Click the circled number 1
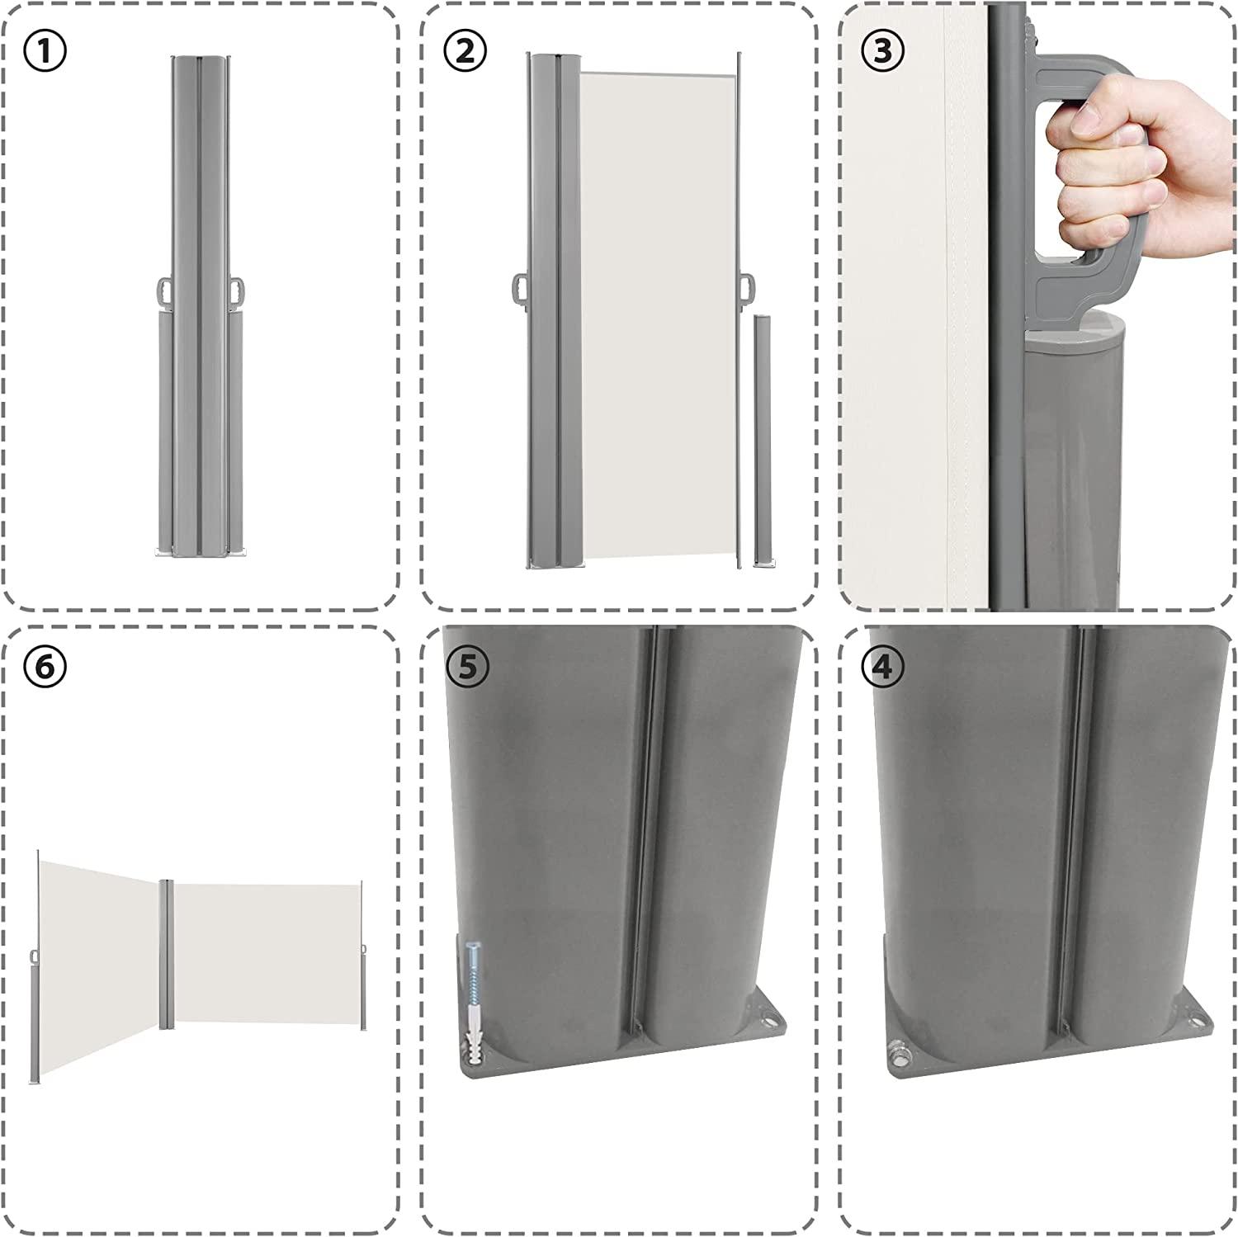pos(46,50)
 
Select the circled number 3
pos(881,50)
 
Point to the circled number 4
pos(881,667)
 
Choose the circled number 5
pos(467,667)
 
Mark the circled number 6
pos(46,667)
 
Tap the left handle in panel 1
pos(165,291)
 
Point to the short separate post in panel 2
pos(761,442)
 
